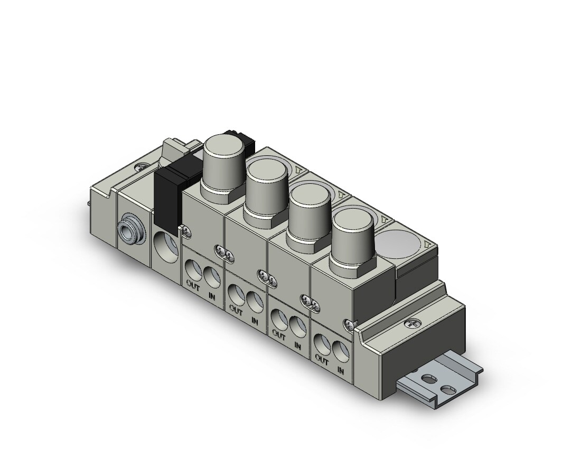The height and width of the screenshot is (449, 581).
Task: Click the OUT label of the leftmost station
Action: pyautogui.click(x=193, y=286)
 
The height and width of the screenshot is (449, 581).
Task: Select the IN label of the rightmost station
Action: pyautogui.click(x=341, y=369)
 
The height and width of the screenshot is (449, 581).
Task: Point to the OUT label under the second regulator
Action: pyautogui.click(x=236, y=310)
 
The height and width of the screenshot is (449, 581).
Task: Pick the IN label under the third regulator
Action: pyautogui.click(x=297, y=345)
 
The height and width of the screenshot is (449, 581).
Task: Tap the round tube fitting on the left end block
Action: pyautogui.click(x=128, y=231)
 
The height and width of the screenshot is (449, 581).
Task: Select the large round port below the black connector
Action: pyautogui.click(x=166, y=247)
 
